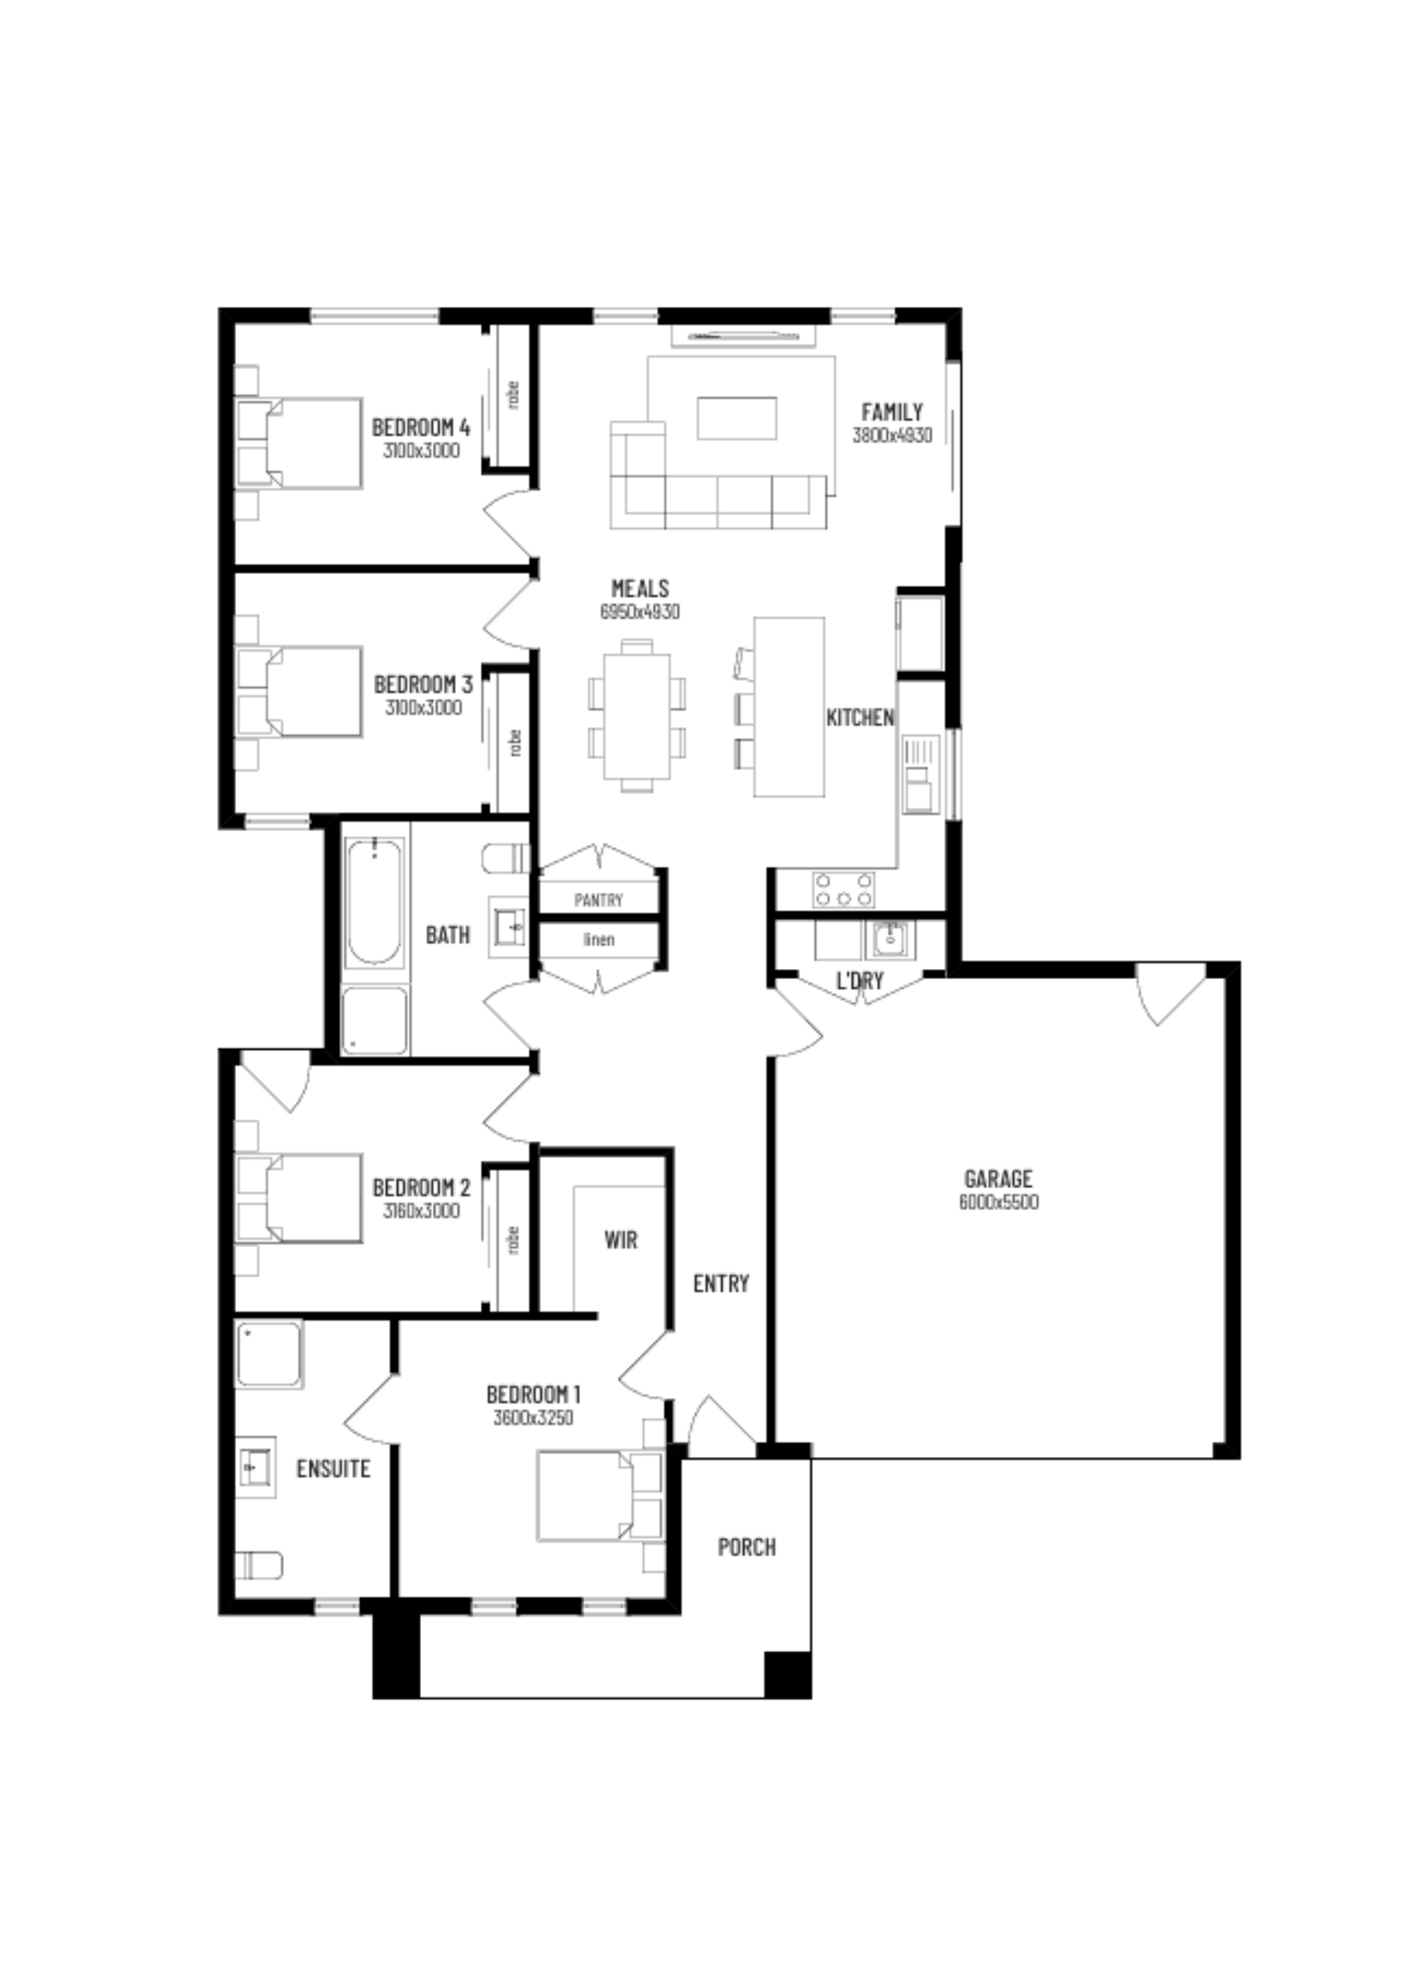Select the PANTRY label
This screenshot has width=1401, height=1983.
(598, 900)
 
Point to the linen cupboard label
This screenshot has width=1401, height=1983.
(598, 939)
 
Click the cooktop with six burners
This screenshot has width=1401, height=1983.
(844, 889)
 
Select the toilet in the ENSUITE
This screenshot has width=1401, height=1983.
(259, 1565)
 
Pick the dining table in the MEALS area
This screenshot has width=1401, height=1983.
(637, 716)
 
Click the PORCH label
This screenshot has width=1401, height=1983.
(747, 1547)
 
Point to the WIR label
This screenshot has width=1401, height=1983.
(621, 1240)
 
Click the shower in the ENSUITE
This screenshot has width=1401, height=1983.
(269, 1353)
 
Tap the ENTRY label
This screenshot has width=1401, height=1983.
(721, 1284)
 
